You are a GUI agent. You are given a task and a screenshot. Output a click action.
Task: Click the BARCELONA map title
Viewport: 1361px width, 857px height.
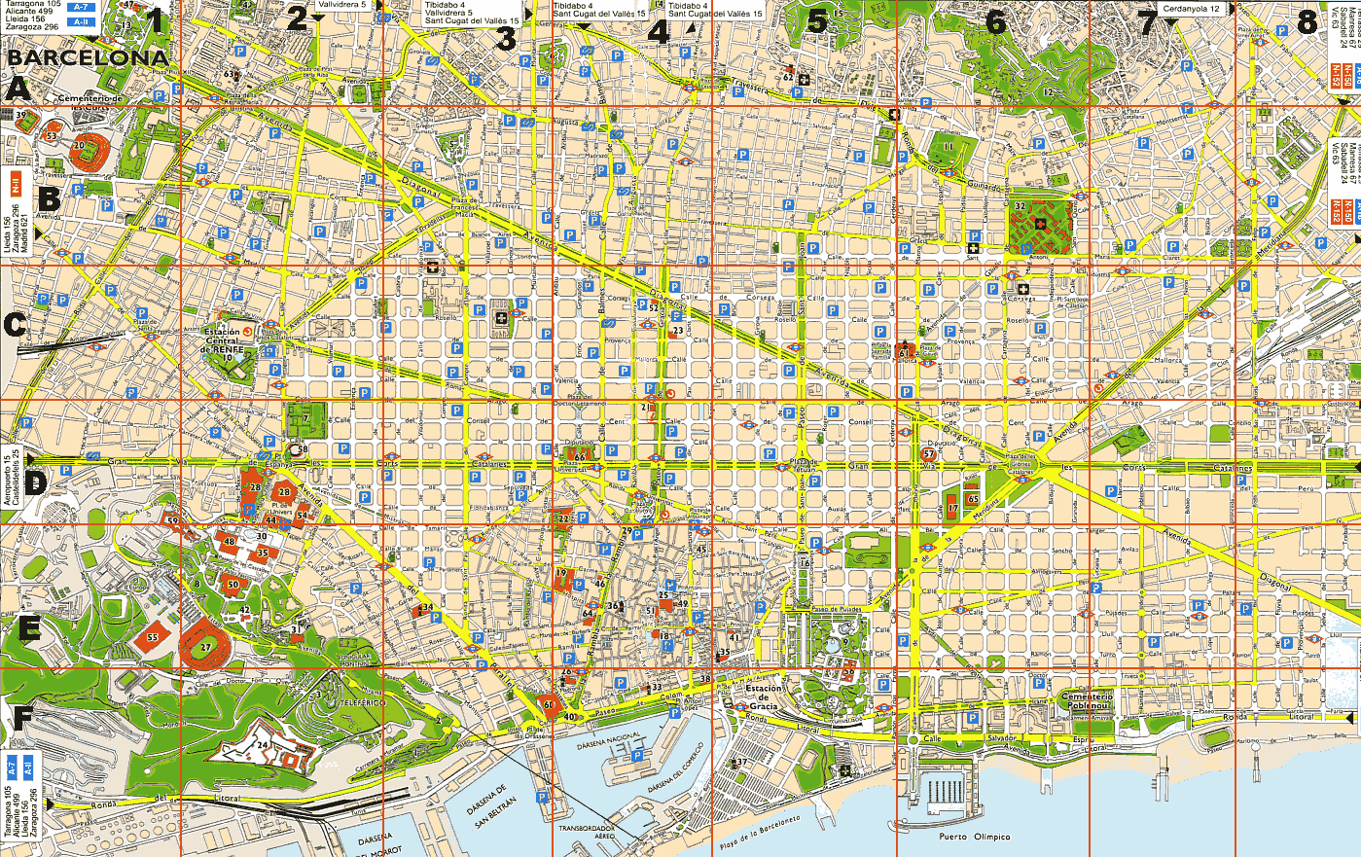click(89, 58)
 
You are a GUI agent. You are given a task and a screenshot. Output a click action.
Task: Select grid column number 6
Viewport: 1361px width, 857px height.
click(995, 21)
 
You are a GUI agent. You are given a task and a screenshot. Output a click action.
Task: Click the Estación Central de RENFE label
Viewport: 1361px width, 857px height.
click(222, 340)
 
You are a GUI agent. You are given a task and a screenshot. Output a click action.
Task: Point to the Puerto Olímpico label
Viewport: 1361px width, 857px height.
click(974, 837)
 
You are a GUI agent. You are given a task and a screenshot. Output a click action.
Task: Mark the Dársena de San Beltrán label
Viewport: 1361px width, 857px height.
click(492, 805)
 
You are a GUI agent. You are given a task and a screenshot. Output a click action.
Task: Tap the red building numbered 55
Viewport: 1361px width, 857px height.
click(153, 637)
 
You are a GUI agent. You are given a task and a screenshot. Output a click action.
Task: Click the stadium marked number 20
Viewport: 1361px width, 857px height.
click(80, 147)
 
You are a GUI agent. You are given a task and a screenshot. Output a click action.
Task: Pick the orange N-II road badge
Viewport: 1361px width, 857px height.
click(16, 181)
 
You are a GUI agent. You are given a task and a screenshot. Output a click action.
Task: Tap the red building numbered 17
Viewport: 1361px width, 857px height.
click(952, 509)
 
